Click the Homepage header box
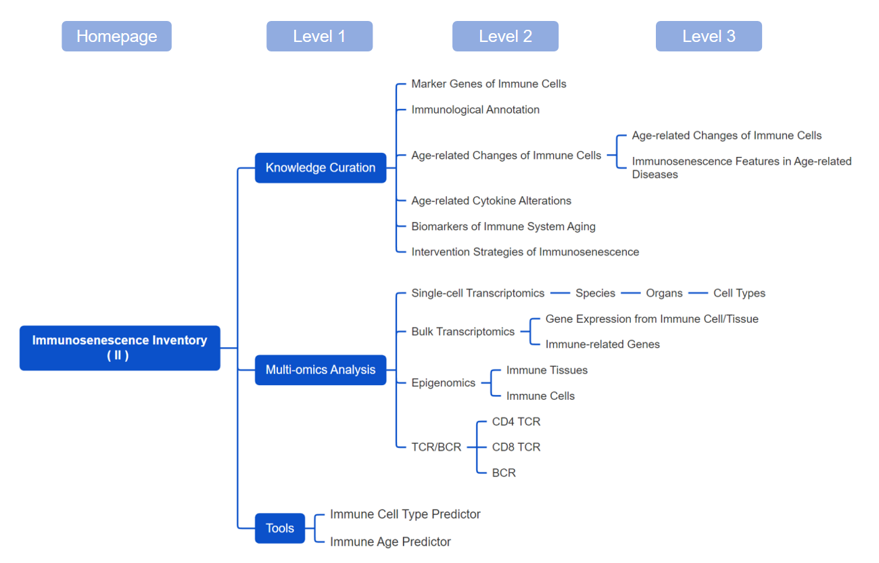click(116, 36)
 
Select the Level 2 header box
click(506, 36)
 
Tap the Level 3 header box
click(709, 36)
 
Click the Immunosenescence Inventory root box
click(120, 348)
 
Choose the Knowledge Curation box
click(320, 168)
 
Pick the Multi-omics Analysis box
click(320, 370)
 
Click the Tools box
click(280, 528)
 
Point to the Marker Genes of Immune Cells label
click(489, 84)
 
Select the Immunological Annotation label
click(475, 110)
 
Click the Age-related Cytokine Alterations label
click(491, 200)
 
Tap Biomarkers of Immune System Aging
click(503, 227)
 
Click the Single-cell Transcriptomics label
click(477, 293)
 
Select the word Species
click(595, 293)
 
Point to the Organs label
click(664, 293)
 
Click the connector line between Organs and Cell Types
click(698, 293)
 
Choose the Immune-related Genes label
click(602, 344)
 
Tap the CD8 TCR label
click(516, 447)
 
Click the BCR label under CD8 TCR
click(504, 473)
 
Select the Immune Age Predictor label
click(390, 542)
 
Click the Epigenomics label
click(443, 383)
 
